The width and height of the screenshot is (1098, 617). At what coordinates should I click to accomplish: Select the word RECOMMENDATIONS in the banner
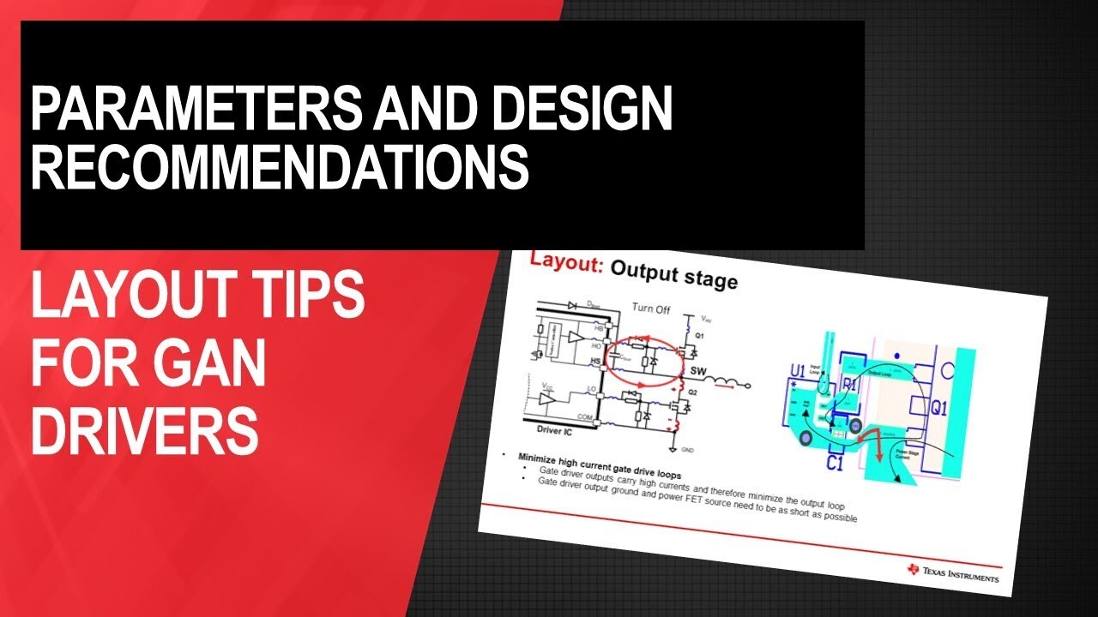click(x=280, y=167)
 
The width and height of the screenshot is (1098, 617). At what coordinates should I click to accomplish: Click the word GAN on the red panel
click(x=214, y=367)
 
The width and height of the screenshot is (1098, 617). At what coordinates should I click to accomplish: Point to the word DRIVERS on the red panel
click(x=144, y=430)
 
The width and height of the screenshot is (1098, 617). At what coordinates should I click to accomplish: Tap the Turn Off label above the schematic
click(x=650, y=308)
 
